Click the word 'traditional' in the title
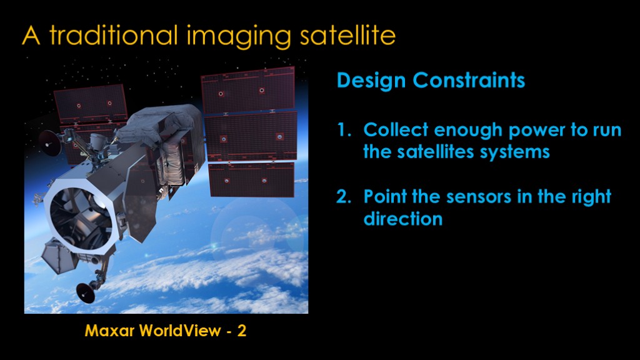[x=114, y=35]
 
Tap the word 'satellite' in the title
[x=347, y=35]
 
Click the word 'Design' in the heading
[x=371, y=81]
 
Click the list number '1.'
[x=344, y=130]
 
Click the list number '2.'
[x=344, y=197]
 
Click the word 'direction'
[x=403, y=219]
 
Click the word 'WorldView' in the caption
[x=180, y=331]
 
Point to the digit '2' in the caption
[x=242, y=331]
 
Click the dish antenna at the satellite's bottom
[x=86, y=292]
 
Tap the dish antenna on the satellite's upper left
[x=49, y=143]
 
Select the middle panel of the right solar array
[x=251, y=137]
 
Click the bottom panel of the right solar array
[x=251, y=180]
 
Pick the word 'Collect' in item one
[x=395, y=130]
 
